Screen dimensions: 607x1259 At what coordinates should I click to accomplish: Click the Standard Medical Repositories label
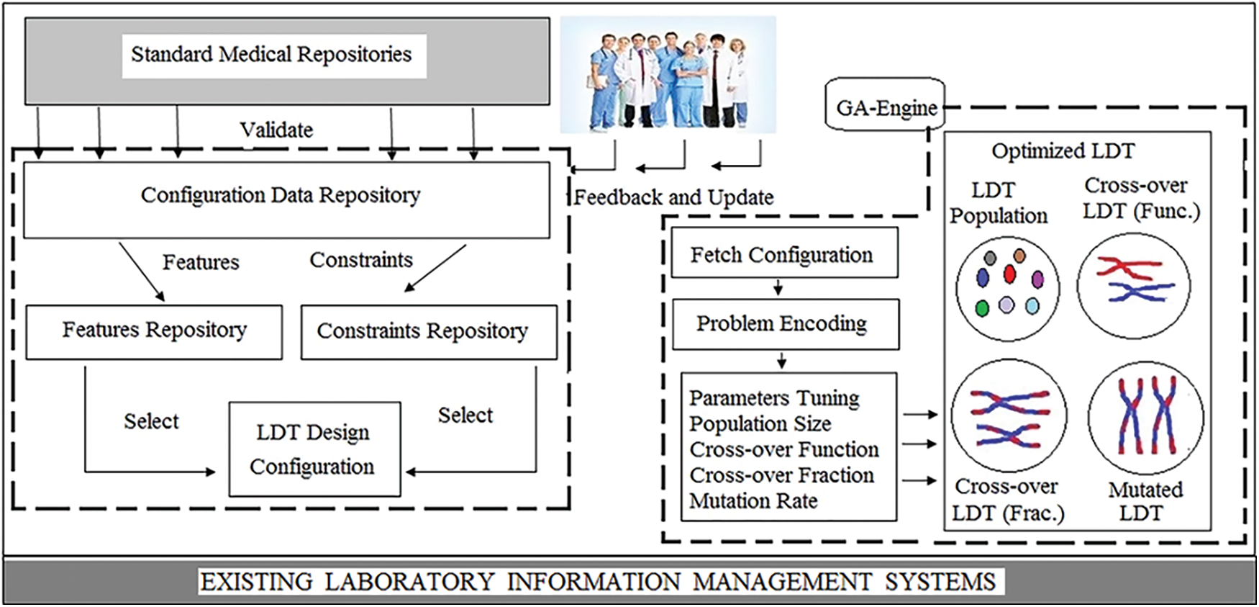tap(271, 55)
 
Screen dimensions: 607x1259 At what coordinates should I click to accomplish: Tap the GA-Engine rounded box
tap(885, 107)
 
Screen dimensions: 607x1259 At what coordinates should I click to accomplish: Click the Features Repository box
tap(154, 331)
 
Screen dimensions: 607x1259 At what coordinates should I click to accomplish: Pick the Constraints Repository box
tap(429, 332)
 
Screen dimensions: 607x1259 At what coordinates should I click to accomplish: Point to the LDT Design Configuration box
tap(314, 449)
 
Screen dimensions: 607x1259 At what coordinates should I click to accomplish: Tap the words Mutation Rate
tap(753, 500)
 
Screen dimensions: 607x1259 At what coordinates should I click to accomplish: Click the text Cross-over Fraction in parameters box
tap(782, 475)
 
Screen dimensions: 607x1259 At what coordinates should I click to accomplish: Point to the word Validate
tap(276, 130)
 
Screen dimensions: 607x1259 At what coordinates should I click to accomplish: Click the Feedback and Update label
tap(673, 197)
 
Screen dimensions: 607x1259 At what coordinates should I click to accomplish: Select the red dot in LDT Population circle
tap(1009, 274)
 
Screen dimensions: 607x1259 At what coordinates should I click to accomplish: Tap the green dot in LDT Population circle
tap(982, 308)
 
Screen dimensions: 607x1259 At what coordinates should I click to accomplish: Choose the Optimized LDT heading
tap(1063, 151)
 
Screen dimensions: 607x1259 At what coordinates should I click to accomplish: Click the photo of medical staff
tap(668, 76)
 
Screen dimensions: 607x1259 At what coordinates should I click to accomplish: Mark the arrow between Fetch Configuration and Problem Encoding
tap(778, 288)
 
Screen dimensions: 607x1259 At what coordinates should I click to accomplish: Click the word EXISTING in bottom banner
tap(256, 582)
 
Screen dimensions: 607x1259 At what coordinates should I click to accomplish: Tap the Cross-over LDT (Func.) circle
tap(1133, 286)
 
